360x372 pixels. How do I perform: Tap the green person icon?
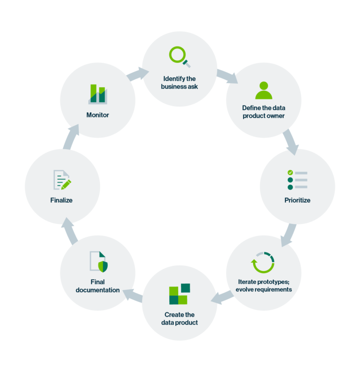[x=263, y=91]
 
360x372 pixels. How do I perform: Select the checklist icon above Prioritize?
[x=297, y=180]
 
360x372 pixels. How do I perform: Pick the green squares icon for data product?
[x=179, y=294]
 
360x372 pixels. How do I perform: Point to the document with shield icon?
[x=98, y=261]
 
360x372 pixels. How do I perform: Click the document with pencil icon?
[x=62, y=180]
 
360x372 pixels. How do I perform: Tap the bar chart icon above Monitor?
[x=98, y=94]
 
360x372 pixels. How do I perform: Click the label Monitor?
[x=97, y=115]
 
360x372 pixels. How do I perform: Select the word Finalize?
[x=61, y=200]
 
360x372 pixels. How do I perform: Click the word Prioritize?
[x=297, y=200]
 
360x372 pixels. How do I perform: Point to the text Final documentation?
[x=98, y=286]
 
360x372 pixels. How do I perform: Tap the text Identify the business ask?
[x=180, y=83]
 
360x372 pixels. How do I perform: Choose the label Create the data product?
[x=180, y=319]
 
